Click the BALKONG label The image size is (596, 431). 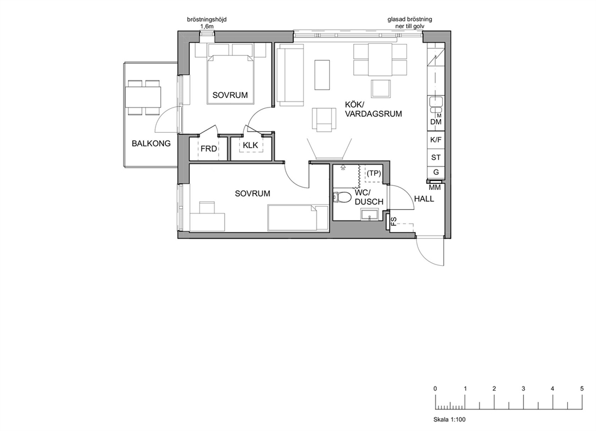pyautogui.click(x=151, y=144)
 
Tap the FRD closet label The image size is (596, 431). pyautogui.click(x=208, y=148)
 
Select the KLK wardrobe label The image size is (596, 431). pyautogui.click(x=251, y=145)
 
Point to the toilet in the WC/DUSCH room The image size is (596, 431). pyautogui.click(x=342, y=197)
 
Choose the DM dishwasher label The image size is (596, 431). pyautogui.click(x=436, y=122)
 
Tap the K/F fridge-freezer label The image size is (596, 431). pyautogui.click(x=436, y=139)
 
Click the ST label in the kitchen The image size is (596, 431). pyautogui.click(x=436, y=157)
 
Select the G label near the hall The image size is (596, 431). pyautogui.click(x=436, y=173)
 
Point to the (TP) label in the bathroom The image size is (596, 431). pyautogui.click(x=374, y=174)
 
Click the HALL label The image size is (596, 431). pyautogui.click(x=424, y=198)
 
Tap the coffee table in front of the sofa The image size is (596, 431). pyautogui.click(x=322, y=75)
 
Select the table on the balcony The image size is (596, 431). pyautogui.click(x=143, y=97)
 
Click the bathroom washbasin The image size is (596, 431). pyautogui.click(x=369, y=215)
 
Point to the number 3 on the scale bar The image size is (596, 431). pyautogui.click(x=523, y=388)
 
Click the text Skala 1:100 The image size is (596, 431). pyautogui.click(x=449, y=420)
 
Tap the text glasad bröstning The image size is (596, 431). pyautogui.click(x=410, y=19)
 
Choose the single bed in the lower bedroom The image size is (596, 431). pyautogui.click(x=298, y=218)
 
